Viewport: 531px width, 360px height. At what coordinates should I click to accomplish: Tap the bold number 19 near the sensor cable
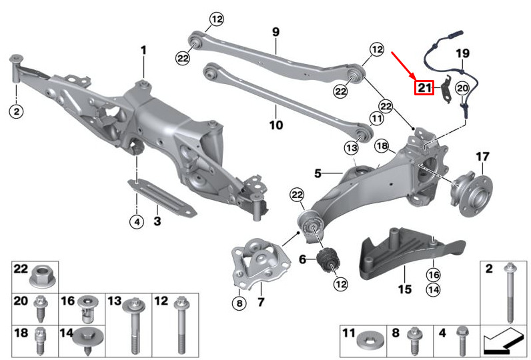463,53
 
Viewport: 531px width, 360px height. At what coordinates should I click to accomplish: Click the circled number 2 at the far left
17,111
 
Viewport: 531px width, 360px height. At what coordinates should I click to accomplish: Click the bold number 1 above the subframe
143,50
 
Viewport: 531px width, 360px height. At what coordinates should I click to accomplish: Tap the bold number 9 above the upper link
276,31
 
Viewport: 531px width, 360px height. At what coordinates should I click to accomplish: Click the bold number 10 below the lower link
276,125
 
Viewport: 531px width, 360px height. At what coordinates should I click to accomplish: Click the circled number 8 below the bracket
239,303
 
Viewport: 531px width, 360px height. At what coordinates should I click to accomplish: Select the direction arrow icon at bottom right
503,343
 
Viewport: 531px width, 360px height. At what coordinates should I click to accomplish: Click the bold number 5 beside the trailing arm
319,174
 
